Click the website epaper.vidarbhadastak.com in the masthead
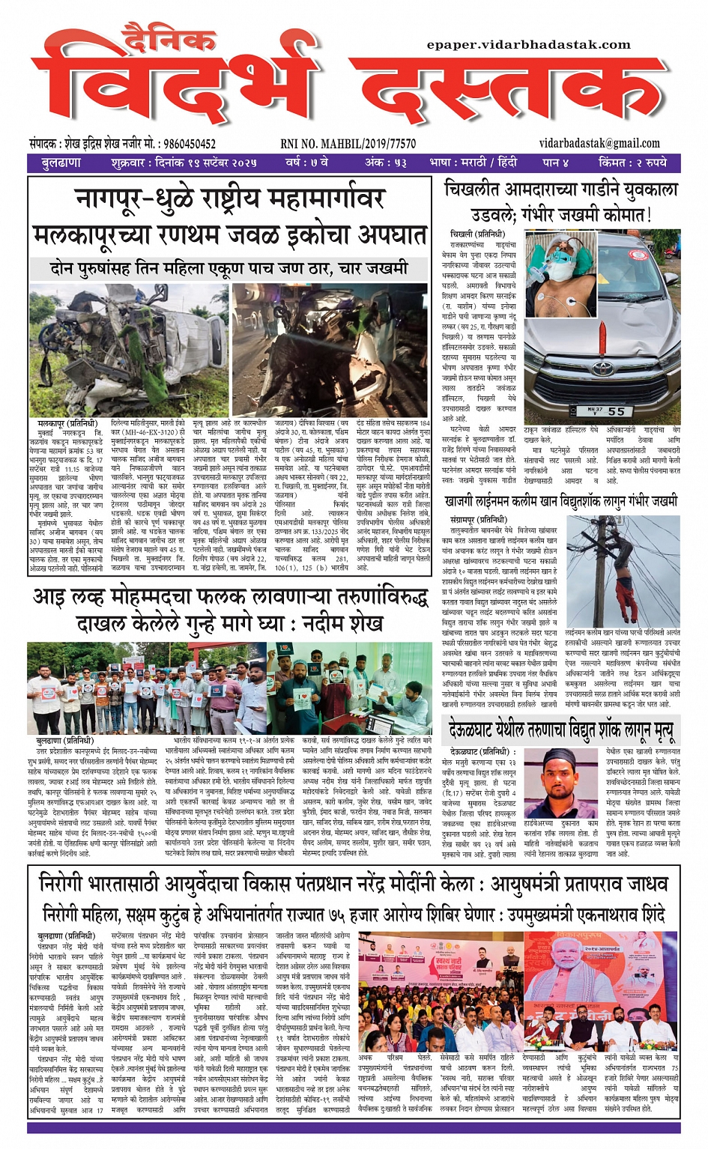[x=529, y=45]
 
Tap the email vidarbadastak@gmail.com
[x=599, y=143]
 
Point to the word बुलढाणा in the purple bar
[x=61, y=163]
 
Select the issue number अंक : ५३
[x=385, y=163]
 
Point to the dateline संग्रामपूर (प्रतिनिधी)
[x=477, y=519]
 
